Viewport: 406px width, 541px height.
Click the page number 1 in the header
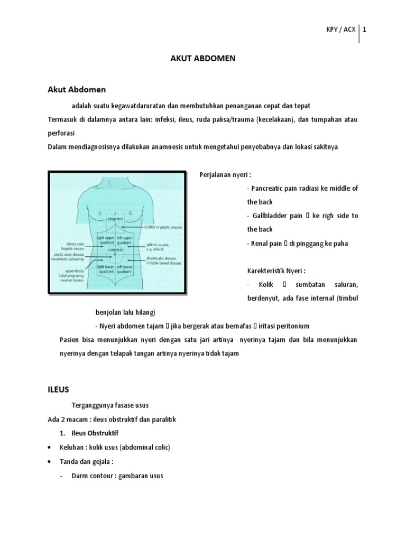[364, 30]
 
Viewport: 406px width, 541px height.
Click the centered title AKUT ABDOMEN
[202, 59]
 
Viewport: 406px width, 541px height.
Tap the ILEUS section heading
[59, 390]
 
